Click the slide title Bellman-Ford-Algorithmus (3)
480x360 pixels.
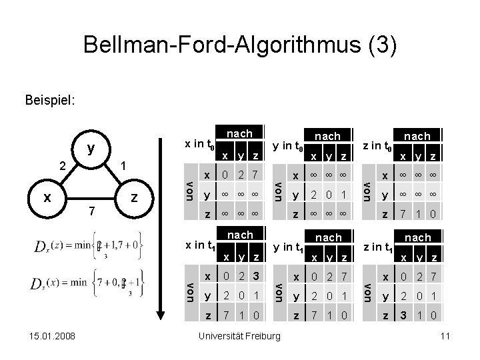tap(240, 46)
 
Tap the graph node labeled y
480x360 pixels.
tap(90, 147)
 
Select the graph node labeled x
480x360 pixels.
tap(47, 197)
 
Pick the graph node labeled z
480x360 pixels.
tap(135, 197)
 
